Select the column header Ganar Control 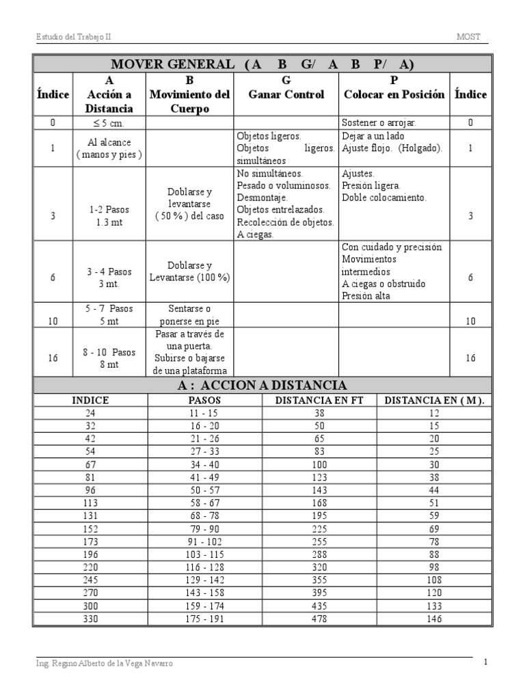[286, 95]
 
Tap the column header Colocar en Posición [393, 95]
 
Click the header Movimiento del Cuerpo [189, 95]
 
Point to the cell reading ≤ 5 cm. [109, 123]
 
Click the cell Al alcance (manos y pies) [109, 148]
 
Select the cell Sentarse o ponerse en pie [189, 314]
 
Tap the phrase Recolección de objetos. [285, 222]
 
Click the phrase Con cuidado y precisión [392, 247]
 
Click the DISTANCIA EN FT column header [319, 401]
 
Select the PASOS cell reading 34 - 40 [205, 464]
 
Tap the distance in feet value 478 [319, 619]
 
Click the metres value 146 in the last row [433, 619]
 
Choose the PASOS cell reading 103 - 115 [205, 554]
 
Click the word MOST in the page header [472, 37]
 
